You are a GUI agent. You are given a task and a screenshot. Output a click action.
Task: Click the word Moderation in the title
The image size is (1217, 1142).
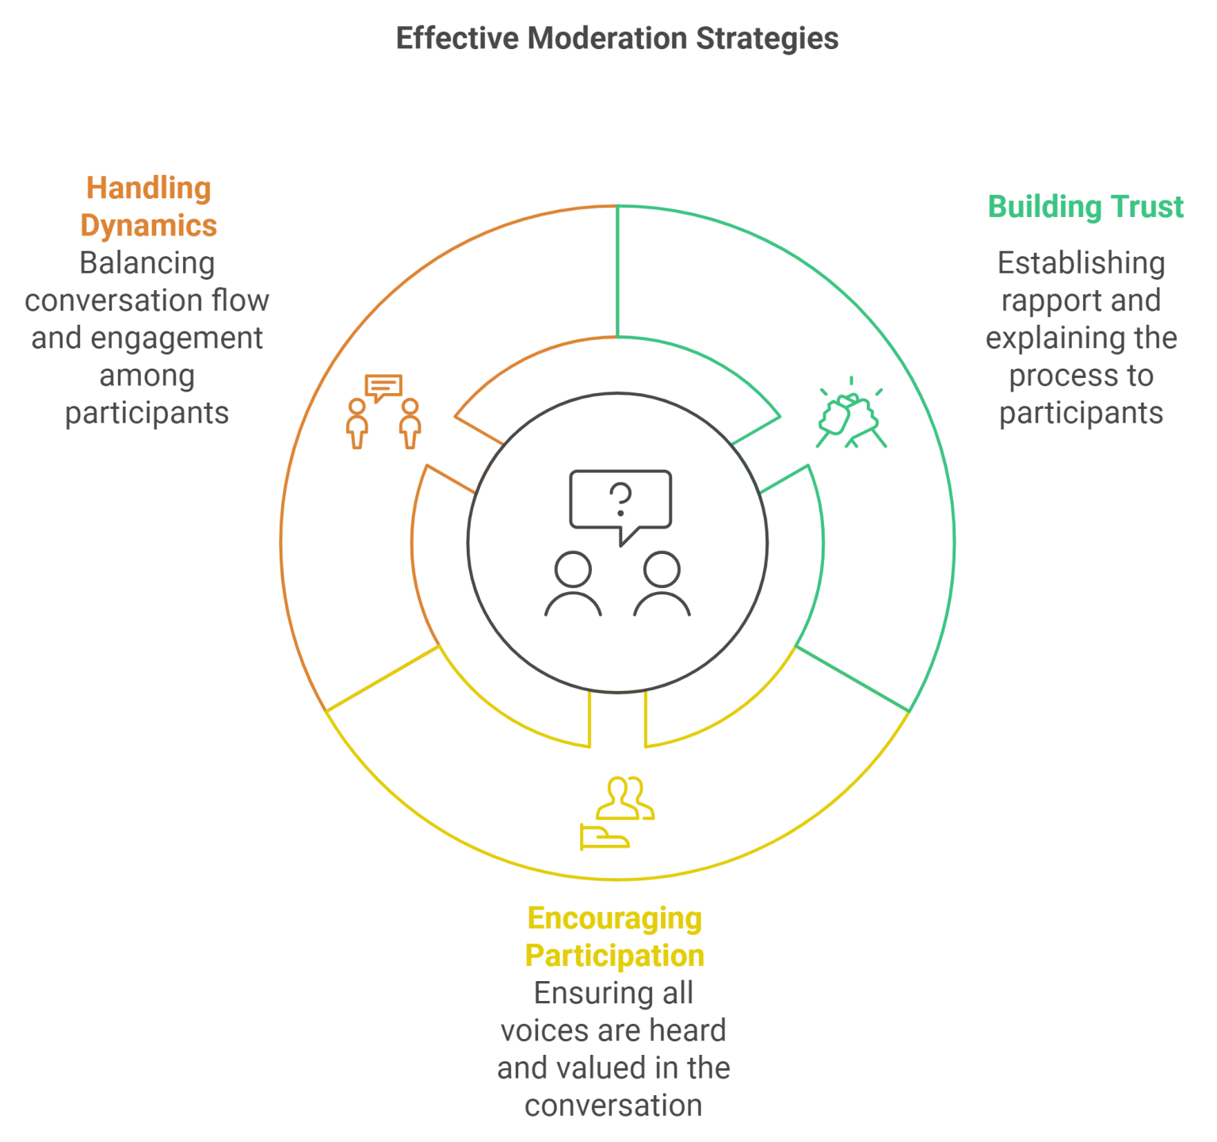point(607,38)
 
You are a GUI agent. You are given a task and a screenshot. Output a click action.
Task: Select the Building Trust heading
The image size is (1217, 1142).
point(1085,207)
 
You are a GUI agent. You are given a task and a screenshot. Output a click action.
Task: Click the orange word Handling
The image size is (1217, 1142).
point(149,189)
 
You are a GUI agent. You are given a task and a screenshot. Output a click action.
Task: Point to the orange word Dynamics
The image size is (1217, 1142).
point(149,226)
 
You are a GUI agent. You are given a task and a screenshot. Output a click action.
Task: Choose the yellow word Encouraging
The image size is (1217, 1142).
point(615,919)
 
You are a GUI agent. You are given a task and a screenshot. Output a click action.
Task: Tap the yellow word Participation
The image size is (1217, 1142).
point(615,956)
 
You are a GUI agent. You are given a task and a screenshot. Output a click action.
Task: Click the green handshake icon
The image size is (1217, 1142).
point(851,412)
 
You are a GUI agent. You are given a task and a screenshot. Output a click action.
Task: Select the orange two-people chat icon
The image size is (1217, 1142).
point(383,411)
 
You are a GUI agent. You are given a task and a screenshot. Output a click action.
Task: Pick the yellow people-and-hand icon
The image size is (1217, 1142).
point(617,813)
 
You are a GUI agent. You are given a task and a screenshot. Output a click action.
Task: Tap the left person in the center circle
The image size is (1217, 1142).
point(573,584)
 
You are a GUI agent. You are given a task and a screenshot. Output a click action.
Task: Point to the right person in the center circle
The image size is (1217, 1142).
point(662,584)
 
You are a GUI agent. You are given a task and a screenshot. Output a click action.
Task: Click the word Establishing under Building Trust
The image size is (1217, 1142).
point(1081,264)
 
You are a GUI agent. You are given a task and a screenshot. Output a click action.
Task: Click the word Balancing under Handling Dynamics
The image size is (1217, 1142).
point(147,263)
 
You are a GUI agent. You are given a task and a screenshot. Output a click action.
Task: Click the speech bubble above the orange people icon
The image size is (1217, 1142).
point(383,388)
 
